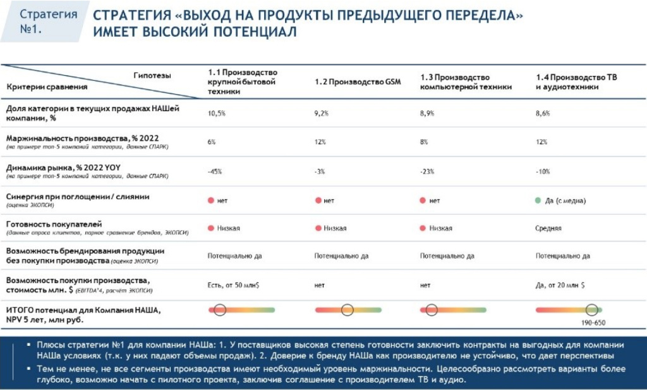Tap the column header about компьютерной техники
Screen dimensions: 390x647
(x=466, y=82)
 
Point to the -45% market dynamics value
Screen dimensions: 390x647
(x=215, y=171)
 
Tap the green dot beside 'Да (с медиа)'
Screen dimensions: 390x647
(x=538, y=200)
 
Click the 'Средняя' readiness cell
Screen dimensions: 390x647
(x=548, y=228)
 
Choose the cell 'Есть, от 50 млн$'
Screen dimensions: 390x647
(x=234, y=285)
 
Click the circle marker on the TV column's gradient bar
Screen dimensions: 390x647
(x=591, y=310)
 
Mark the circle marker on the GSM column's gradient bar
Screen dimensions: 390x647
(x=347, y=310)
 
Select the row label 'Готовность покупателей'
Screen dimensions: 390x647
(x=54, y=224)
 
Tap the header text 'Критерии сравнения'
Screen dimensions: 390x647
(x=47, y=87)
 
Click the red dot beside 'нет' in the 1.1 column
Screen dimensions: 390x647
(x=210, y=200)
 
